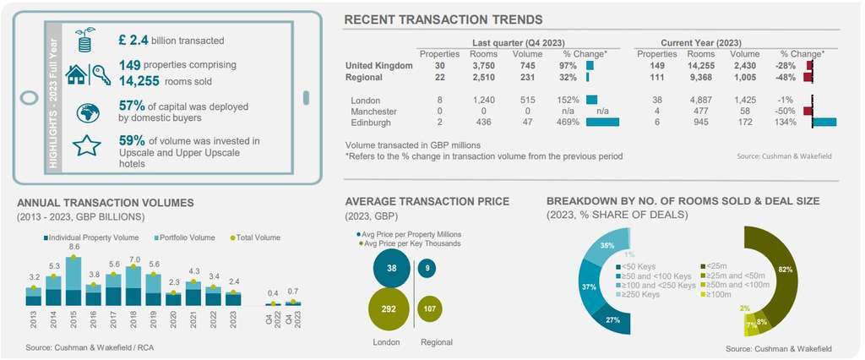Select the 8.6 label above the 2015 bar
(x=73, y=247)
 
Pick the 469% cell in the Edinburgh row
(x=568, y=123)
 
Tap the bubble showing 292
(x=389, y=309)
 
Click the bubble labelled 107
(x=430, y=309)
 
